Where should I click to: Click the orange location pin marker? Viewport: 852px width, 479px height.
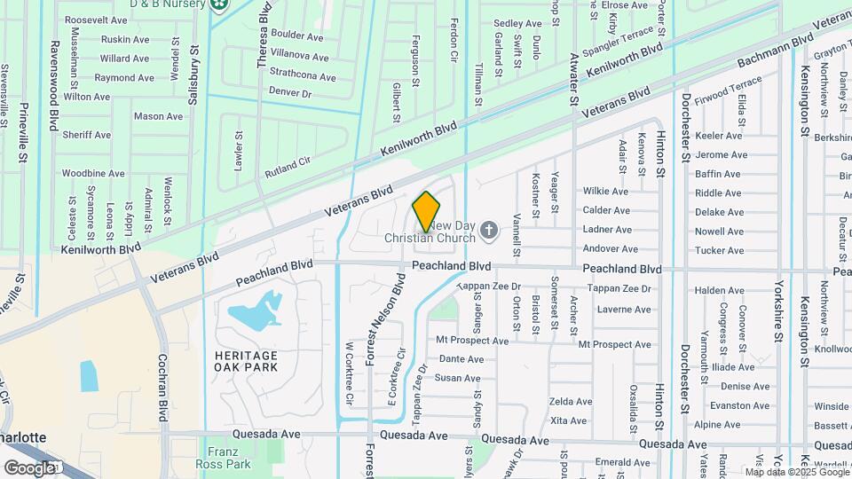[x=426, y=210]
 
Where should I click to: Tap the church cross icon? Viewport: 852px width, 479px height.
[x=488, y=232]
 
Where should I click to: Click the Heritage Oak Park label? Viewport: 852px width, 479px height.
[x=246, y=361]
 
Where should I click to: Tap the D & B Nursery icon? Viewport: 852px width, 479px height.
[x=219, y=4]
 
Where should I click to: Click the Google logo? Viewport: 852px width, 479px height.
[x=29, y=467]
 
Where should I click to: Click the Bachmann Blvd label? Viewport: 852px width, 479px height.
[x=777, y=51]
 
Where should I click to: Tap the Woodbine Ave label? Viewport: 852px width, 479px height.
[x=93, y=173]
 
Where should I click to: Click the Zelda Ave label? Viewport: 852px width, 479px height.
[x=571, y=402]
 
